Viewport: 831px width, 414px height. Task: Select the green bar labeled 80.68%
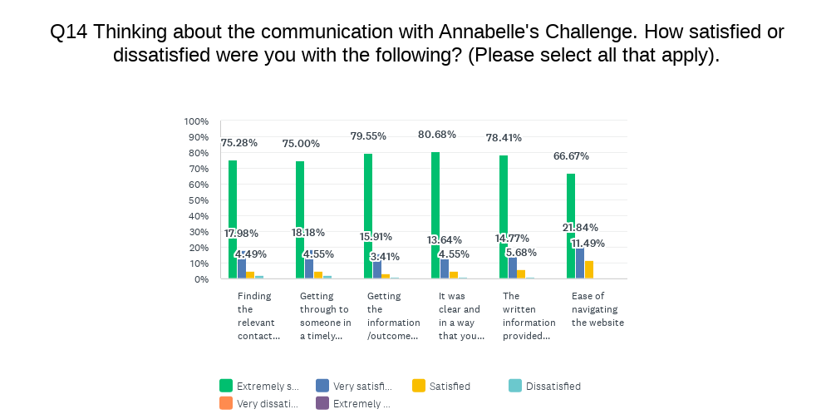pos(435,215)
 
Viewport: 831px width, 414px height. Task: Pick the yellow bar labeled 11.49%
pos(589,270)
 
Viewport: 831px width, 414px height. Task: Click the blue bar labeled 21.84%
pos(580,263)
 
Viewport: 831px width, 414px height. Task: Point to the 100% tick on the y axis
pos(197,121)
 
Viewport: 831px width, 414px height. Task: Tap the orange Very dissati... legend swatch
pos(226,403)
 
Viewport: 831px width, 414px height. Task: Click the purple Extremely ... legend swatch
pos(322,403)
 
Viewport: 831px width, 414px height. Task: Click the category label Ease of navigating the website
pos(597,309)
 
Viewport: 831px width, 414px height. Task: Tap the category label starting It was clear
pos(460,316)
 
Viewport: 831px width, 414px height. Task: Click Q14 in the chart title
pos(67,32)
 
